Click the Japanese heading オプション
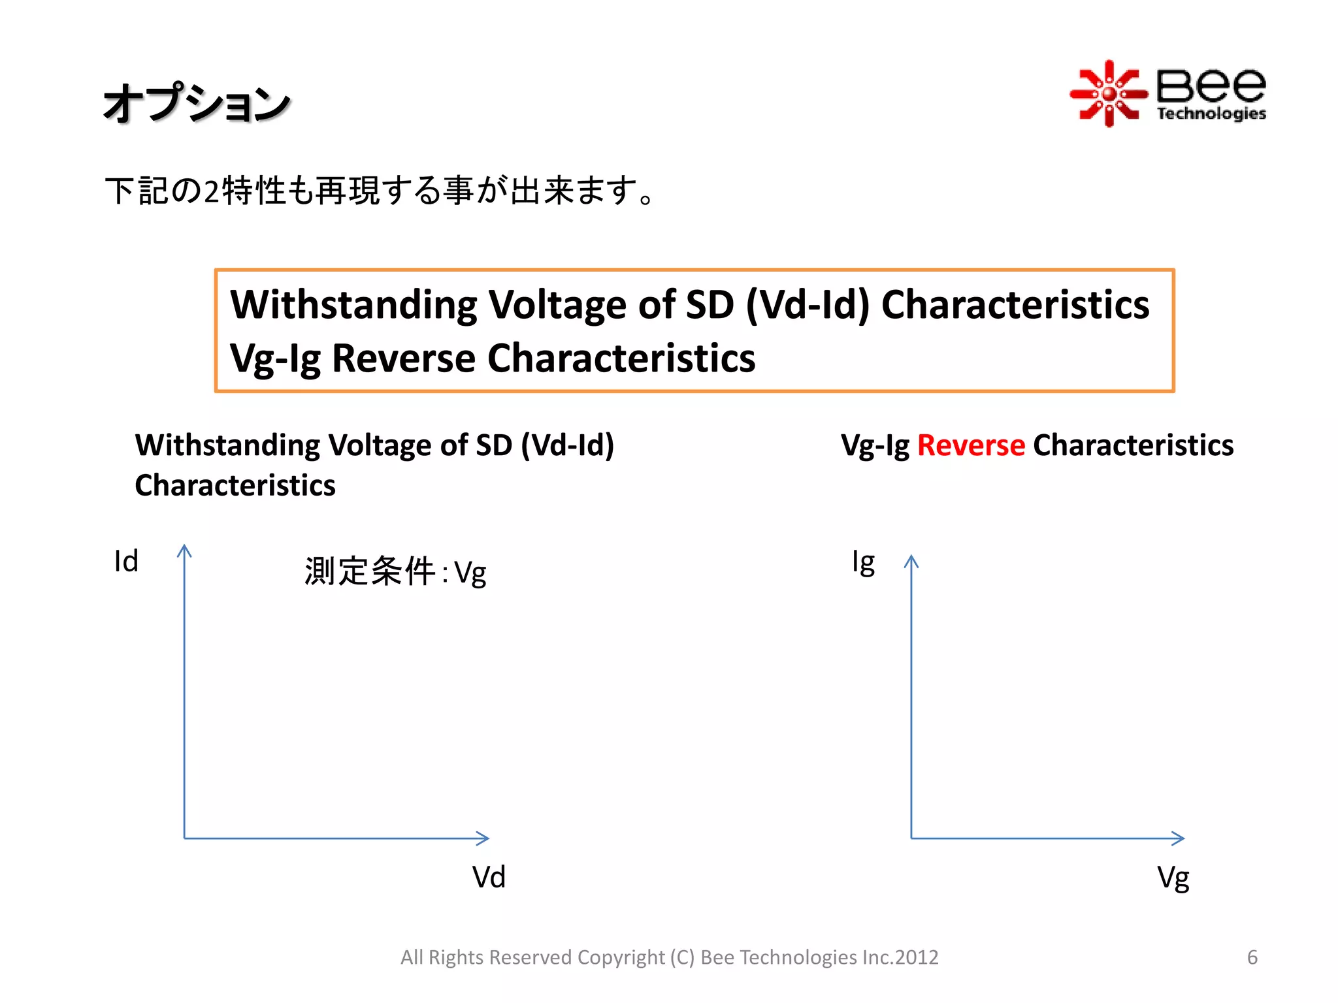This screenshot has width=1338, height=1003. (197, 103)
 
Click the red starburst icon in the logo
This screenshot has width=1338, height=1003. (1108, 94)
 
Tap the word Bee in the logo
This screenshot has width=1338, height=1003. (1211, 86)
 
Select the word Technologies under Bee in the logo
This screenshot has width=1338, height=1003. (1211, 114)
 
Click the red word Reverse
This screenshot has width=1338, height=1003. (971, 445)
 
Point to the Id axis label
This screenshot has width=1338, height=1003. (126, 561)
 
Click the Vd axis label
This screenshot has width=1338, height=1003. (489, 877)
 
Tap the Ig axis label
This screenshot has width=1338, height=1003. (863, 562)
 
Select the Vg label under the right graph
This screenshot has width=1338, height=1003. (1173, 878)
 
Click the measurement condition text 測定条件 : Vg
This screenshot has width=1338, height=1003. (395, 572)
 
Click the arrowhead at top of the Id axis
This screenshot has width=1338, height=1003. (185, 550)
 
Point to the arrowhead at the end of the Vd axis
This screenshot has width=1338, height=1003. (483, 838)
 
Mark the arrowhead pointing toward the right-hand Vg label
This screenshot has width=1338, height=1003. (1179, 838)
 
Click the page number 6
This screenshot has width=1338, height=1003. (1252, 957)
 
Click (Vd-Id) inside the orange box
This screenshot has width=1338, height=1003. (808, 305)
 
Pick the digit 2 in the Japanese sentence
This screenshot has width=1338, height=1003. (211, 191)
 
